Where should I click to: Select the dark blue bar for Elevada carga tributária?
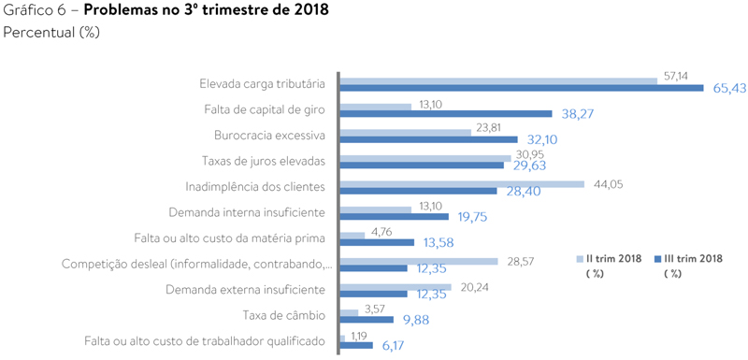click(x=521, y=88)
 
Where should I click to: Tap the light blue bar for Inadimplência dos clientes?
click(x=462, y=183)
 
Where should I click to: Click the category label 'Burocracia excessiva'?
click(x=268, y=135)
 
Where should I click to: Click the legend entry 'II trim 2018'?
click(x=612, y=258)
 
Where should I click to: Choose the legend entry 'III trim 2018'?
click(x=691, y=258)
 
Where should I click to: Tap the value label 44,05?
click(x=608, y=183)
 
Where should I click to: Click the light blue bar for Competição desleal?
click(x=419, y=261)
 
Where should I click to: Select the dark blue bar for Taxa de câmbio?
click(x=366, y=320)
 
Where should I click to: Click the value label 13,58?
click(x=444, y=242)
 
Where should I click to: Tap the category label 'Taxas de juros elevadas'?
click(x=263, y=161)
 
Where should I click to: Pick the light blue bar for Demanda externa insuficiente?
click(x=396, y=287)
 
